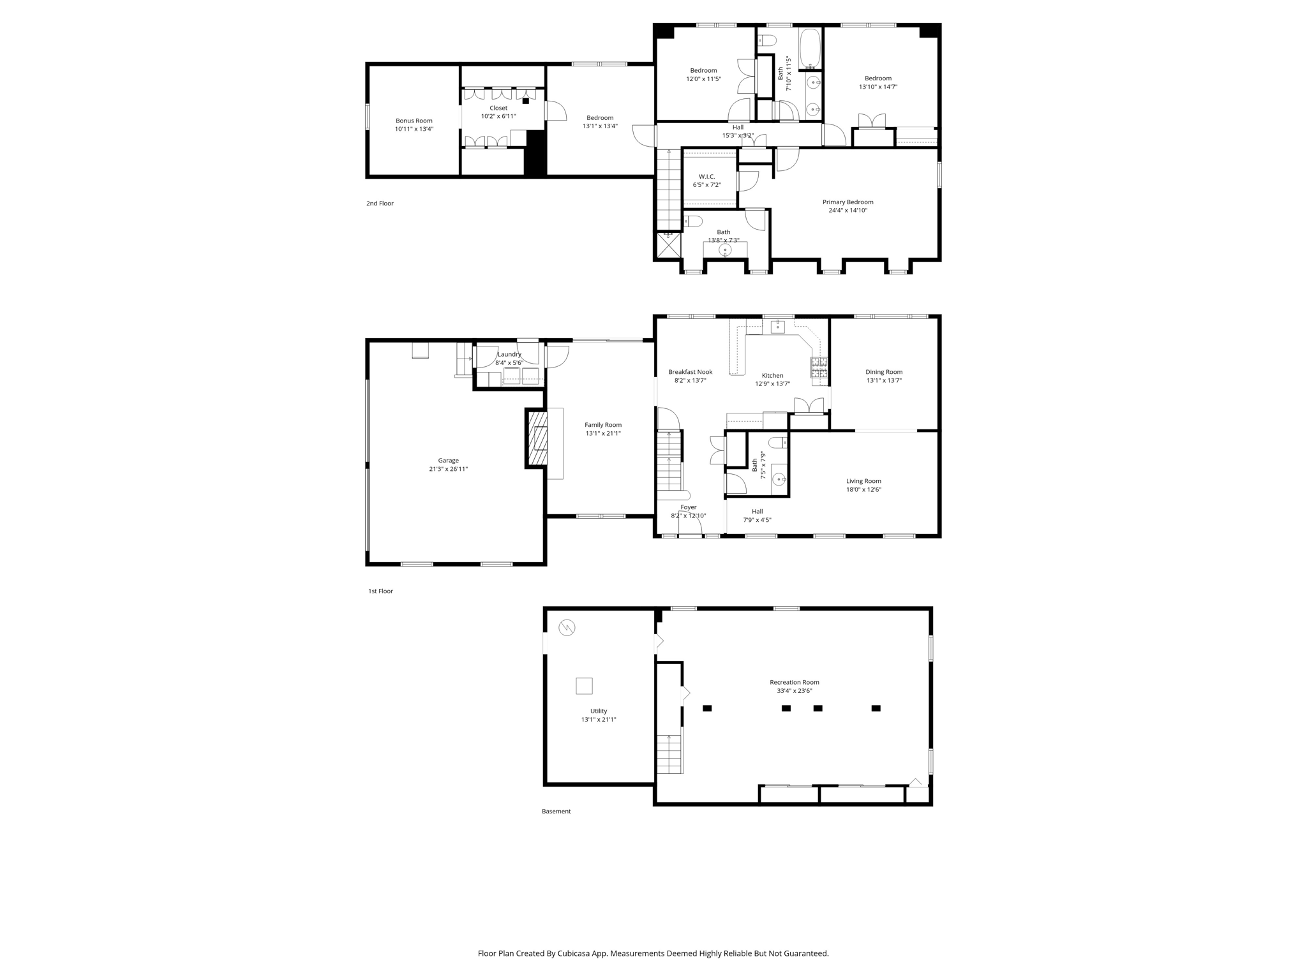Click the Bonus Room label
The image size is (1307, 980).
[414, 121]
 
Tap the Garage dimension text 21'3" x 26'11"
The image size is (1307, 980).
[448, 469]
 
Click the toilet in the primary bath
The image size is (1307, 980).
[694, 221]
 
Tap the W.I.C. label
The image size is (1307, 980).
[706, 177]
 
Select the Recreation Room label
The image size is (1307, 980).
[794, 682]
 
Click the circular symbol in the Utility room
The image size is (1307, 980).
[567, 628]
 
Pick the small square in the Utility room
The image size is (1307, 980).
[584, 686]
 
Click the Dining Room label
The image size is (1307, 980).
[884, 372]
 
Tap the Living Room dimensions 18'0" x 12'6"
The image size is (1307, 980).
[863, 490]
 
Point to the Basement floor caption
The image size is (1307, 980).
[556, 812]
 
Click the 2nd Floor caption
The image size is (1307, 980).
[380, 204]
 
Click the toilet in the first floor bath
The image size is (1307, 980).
[778, 442]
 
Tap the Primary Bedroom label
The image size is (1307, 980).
[848, 202]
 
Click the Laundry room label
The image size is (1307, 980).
[509, 354]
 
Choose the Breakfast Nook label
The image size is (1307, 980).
[690, 372]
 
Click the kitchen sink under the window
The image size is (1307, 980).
[778, 327]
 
